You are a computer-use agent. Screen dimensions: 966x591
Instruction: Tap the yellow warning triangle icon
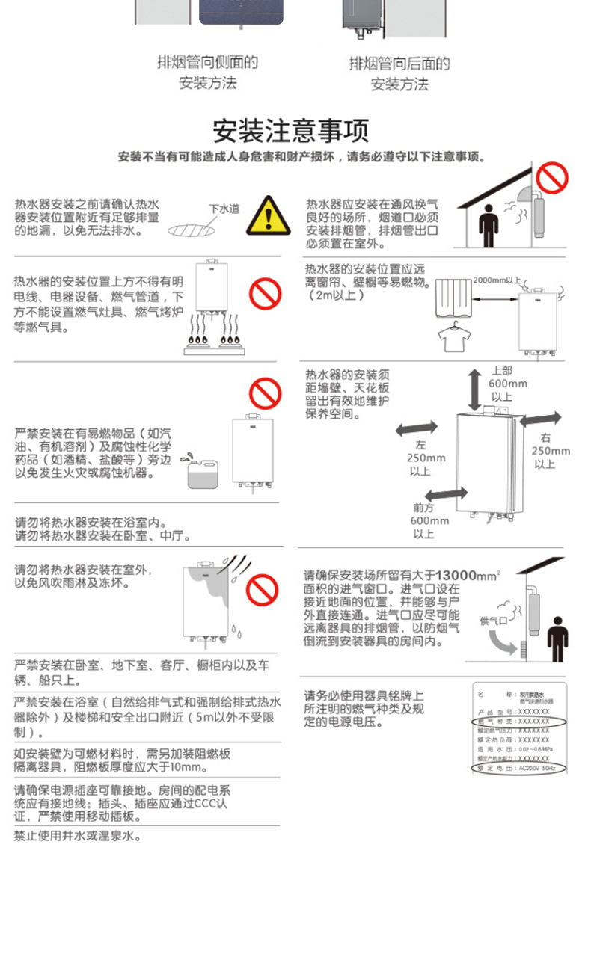[268, 215]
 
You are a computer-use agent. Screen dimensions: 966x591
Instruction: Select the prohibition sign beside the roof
[552, 179]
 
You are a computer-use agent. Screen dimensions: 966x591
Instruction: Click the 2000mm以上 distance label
[497, 280]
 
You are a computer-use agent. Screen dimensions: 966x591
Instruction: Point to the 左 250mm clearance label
[426, 457]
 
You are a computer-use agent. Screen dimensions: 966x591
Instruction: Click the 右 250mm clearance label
[550, 450]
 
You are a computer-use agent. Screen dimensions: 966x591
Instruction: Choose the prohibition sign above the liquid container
[265, 393]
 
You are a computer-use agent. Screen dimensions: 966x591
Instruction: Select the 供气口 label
[493, 621]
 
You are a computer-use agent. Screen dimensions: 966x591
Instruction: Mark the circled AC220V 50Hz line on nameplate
[518, 768]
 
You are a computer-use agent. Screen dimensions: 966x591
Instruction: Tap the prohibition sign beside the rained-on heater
[262, 590]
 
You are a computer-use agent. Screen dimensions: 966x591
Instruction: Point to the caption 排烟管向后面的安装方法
[399, 73]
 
